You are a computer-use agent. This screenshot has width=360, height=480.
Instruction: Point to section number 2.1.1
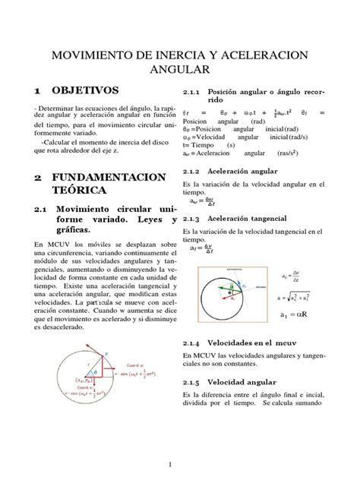click(x=194, y=90)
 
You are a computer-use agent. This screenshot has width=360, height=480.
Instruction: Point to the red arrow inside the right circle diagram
click(x=239, y=284)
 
